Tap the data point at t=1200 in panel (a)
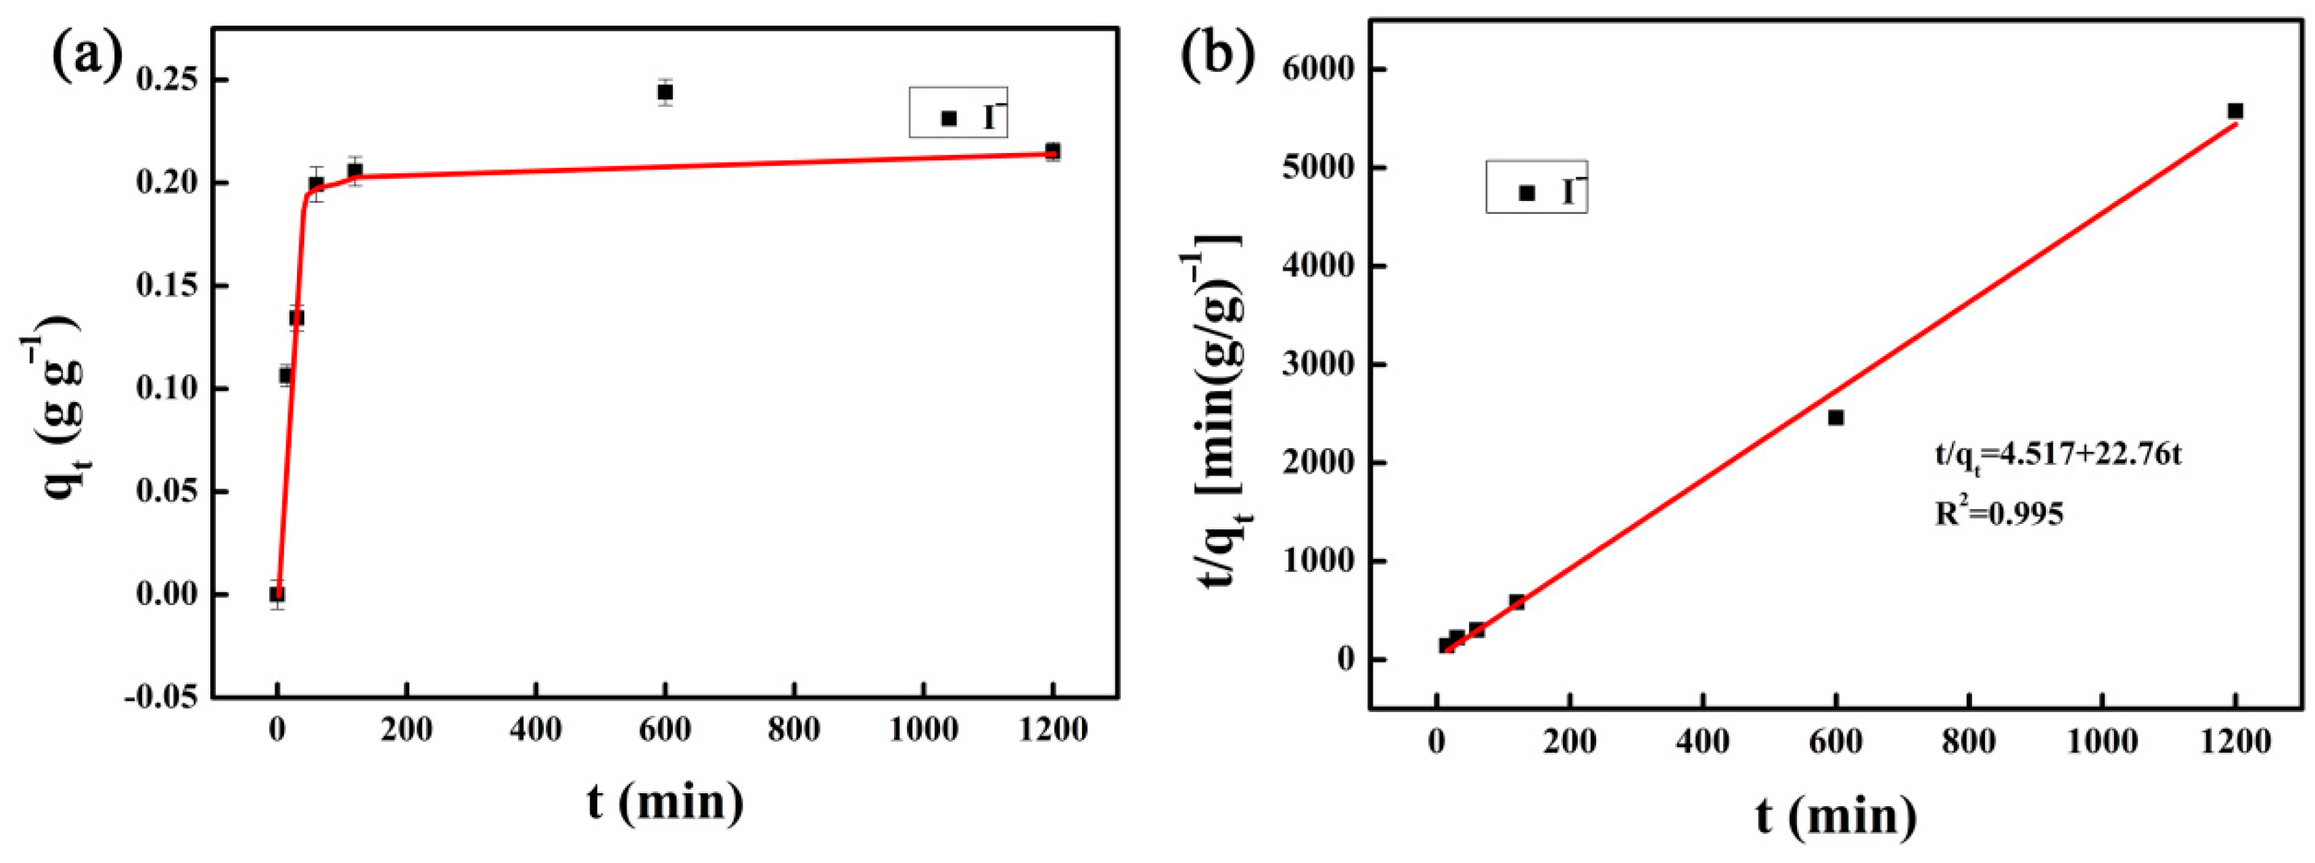[x=1052, y=151]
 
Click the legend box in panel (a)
[x=958, y=112]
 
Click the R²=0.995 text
[x=1998, y=512]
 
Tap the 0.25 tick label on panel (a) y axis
[x=168, y=80]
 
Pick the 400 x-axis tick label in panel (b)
[x=1703, y=743]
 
